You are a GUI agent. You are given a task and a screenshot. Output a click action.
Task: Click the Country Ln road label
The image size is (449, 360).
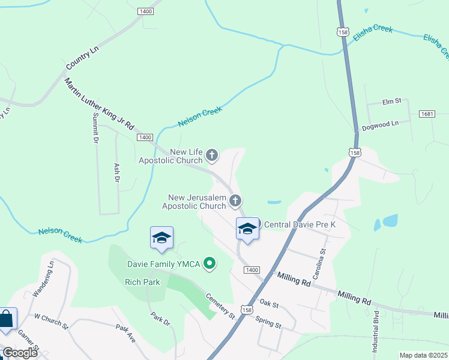82,56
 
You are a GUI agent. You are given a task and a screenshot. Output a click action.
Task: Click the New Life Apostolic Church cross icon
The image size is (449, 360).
211,156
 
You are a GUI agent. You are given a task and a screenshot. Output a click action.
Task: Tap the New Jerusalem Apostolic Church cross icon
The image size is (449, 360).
235,201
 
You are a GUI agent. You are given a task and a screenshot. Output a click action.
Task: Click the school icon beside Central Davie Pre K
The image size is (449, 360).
247,229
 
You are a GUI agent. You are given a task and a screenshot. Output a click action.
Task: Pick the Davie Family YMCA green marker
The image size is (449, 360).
209,263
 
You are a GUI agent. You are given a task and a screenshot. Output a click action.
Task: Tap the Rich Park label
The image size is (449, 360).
142,281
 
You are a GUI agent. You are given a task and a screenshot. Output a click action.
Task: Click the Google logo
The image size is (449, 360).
20,353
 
